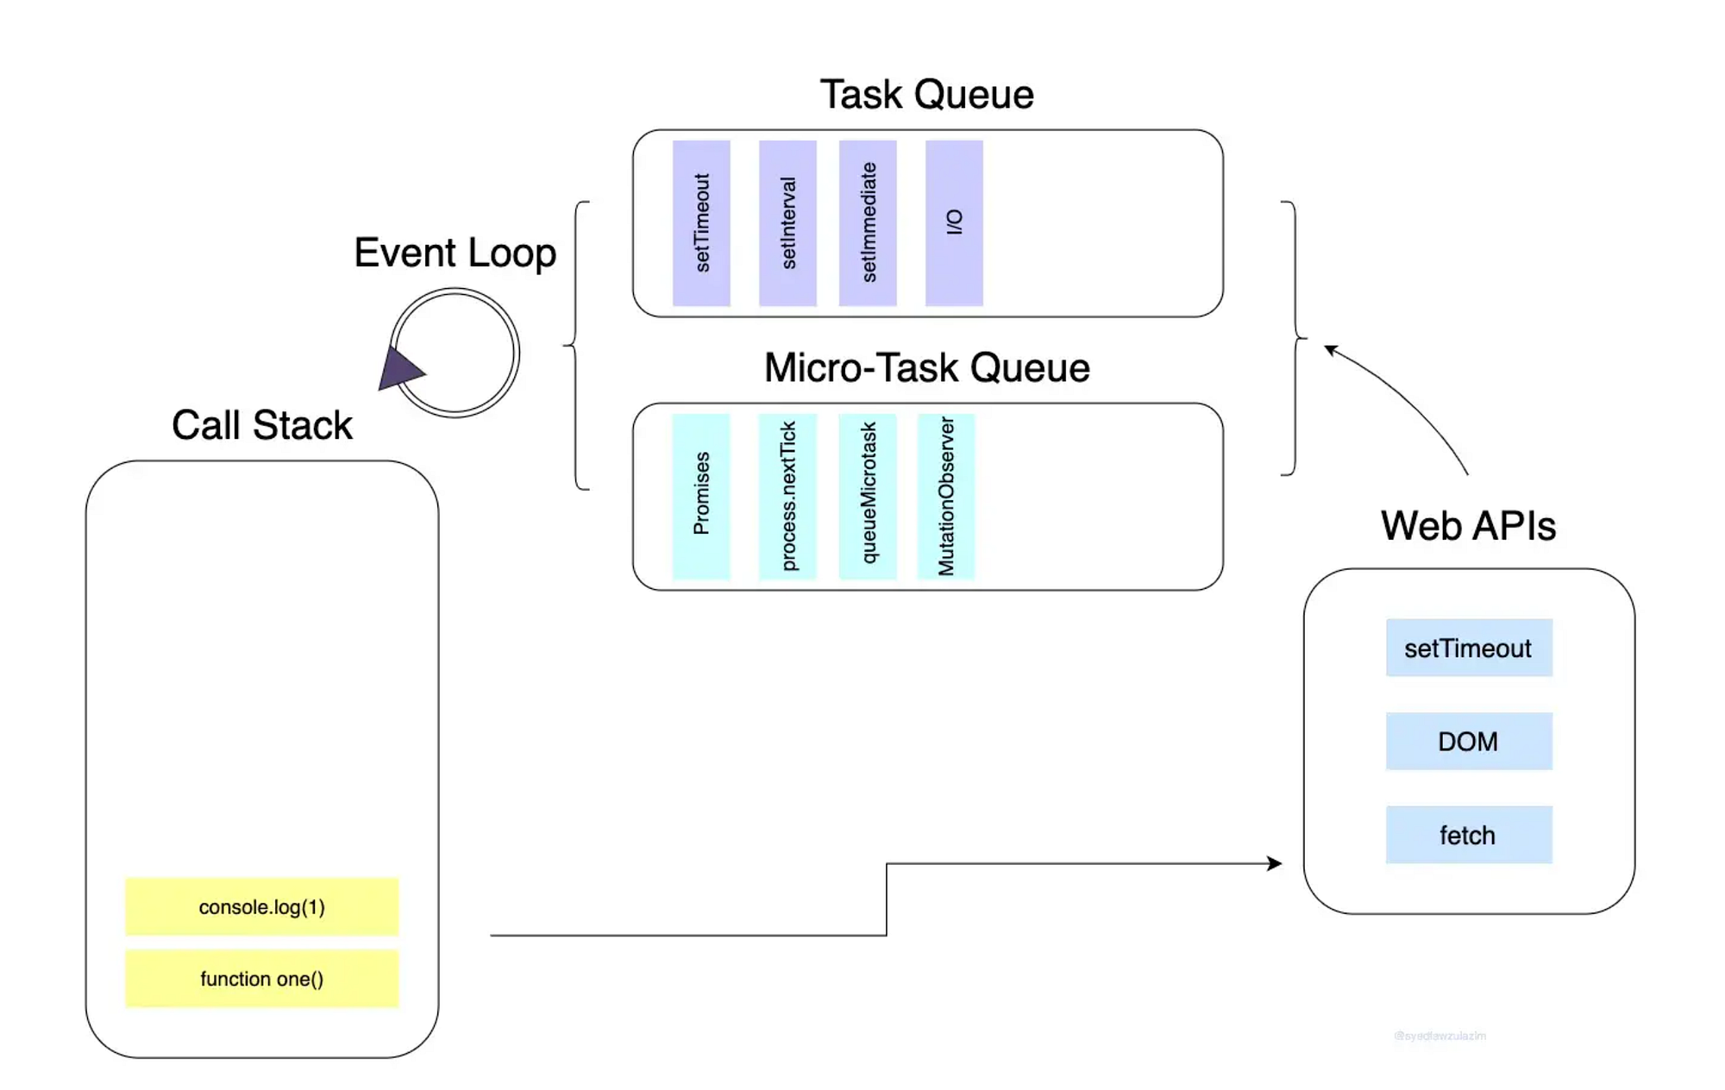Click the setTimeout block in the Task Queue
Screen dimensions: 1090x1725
[701, 222]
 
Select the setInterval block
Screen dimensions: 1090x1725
[787, 222]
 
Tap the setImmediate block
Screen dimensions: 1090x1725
[868, 222]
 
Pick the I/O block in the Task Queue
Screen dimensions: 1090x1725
[954, 222]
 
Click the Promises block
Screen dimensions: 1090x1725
[701, 496]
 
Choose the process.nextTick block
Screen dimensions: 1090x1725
[787, 496]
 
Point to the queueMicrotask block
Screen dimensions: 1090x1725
[868, 496]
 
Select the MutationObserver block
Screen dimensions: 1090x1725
[946, 496]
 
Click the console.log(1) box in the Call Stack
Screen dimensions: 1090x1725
[262, 906]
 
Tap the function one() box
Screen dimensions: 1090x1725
[262, 979]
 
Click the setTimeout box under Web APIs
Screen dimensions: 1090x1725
[1469, 648]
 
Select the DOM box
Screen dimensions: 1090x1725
[1469, 741]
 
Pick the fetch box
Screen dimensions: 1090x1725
[1469, 835]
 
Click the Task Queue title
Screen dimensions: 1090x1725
[926, 94]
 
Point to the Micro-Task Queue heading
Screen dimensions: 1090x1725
[926, 367]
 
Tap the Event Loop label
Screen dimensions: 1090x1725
[455, 253]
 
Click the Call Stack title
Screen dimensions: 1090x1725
[262, 425]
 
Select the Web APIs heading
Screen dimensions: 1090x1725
[1468, 526]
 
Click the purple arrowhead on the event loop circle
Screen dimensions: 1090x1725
[399, 370]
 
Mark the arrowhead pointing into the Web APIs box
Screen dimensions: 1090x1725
[1275, 863]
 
